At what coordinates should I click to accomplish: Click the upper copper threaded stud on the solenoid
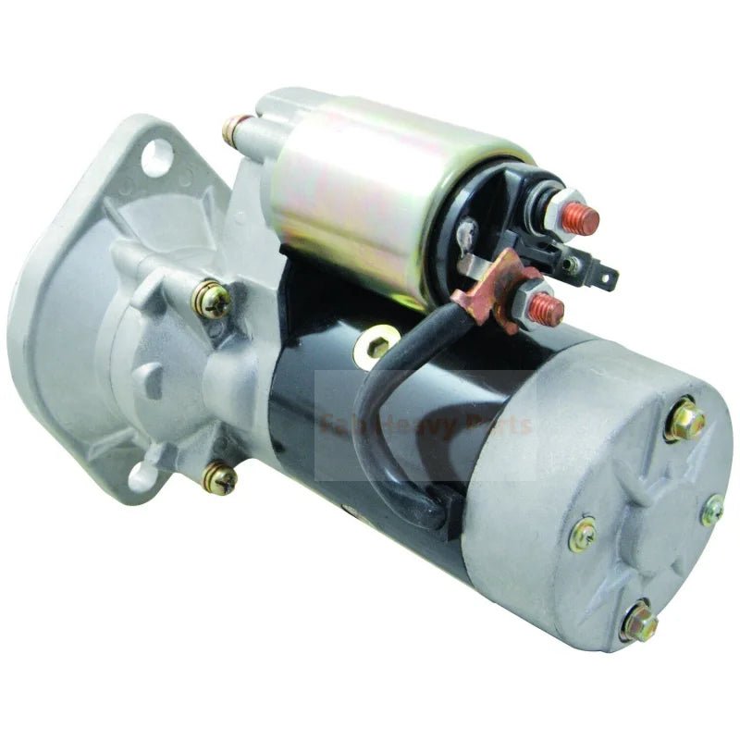point(584,219)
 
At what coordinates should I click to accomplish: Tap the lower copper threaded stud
point(548,310)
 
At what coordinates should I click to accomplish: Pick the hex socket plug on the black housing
point(376,346)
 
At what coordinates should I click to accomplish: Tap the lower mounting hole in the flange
point(142,476)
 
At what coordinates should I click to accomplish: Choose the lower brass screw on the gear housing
point(220,477)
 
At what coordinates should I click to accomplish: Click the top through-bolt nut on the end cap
point(684,422)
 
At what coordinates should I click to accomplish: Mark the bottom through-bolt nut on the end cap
point(638,623)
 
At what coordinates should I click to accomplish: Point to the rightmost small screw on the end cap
point(712,510)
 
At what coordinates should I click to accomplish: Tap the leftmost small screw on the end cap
point(583,535)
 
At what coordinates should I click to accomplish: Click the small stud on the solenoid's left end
point(236,130)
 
